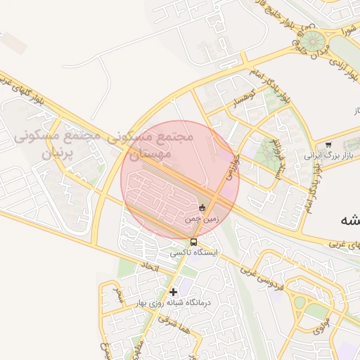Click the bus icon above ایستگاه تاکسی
tap(194, 242)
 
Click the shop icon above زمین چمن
tap(202, 207)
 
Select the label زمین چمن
tap(202, 219)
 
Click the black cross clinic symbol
tap(173, 291)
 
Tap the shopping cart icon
tap(328, 145)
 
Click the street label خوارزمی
tap(232, 171)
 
